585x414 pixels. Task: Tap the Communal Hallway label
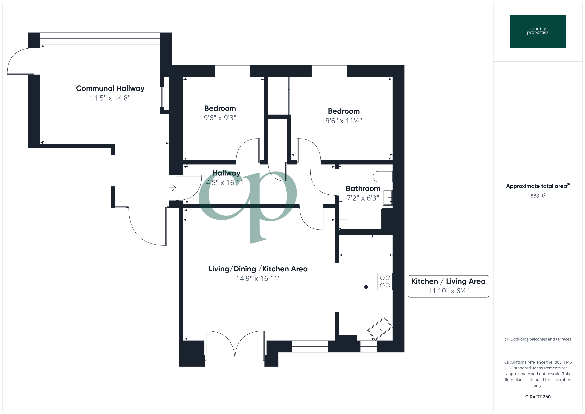click(110, 88)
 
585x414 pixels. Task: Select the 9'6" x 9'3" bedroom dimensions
click(220, 118)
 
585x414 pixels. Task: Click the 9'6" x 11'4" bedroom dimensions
click(343, 121)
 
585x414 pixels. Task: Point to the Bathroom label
click(363, 189)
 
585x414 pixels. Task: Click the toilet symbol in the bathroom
click(382, 176)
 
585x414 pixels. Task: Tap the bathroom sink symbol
click(388, 198)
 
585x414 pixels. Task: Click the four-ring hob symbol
click(385, 281)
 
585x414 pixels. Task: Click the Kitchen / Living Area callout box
click(448, 286)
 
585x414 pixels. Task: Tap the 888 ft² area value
click(538, 196)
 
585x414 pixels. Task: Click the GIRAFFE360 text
click(538, 397)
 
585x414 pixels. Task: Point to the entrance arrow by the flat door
click(173, 188)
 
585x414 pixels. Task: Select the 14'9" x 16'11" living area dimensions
click(258, 278)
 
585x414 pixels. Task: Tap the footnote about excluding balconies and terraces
click(538, 339)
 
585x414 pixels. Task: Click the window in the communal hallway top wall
click(100, 38)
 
